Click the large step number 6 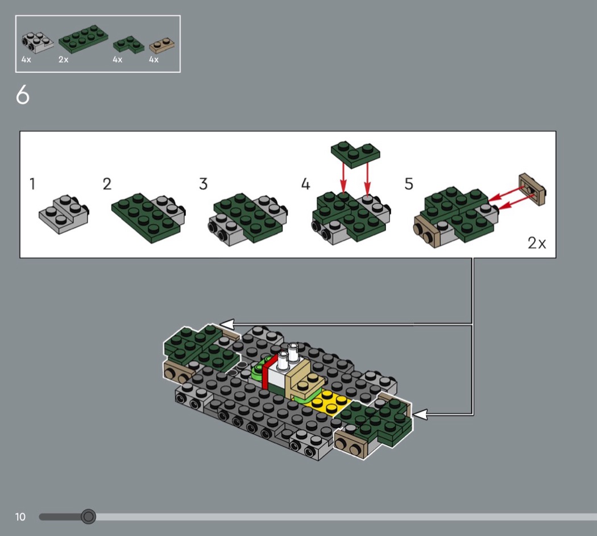pyautogui.click(x=23, y=94)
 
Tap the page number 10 pyautogui.click(x=20, y=517)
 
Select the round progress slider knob pyautogui.click(x=88, y=517)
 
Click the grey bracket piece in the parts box pyautogui.click(x=38, y=43)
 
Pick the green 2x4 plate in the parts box pyautogui.click(x=84, y=39)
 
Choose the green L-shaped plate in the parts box pyautogui.click(x=128, y=44)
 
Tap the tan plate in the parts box pyautogui.click(x=162, y=46)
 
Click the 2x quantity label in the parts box pyautogui.click(x=63, y=59)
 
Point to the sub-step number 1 pyautogui.click(x=32, y=184)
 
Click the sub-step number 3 pyautogui.click(x=204, y=184)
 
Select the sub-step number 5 pyautogui.click(x=409, y=184)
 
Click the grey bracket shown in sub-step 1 pyautogui.click(x=64, y=214)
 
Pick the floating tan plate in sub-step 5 pyautogui.click(x=532, y=189)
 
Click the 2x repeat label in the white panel pyautogui.click(x=537, y=242)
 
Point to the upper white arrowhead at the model pyautogui.click(x=227, y=324)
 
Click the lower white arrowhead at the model pyautogui.click(x=420, y=414)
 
